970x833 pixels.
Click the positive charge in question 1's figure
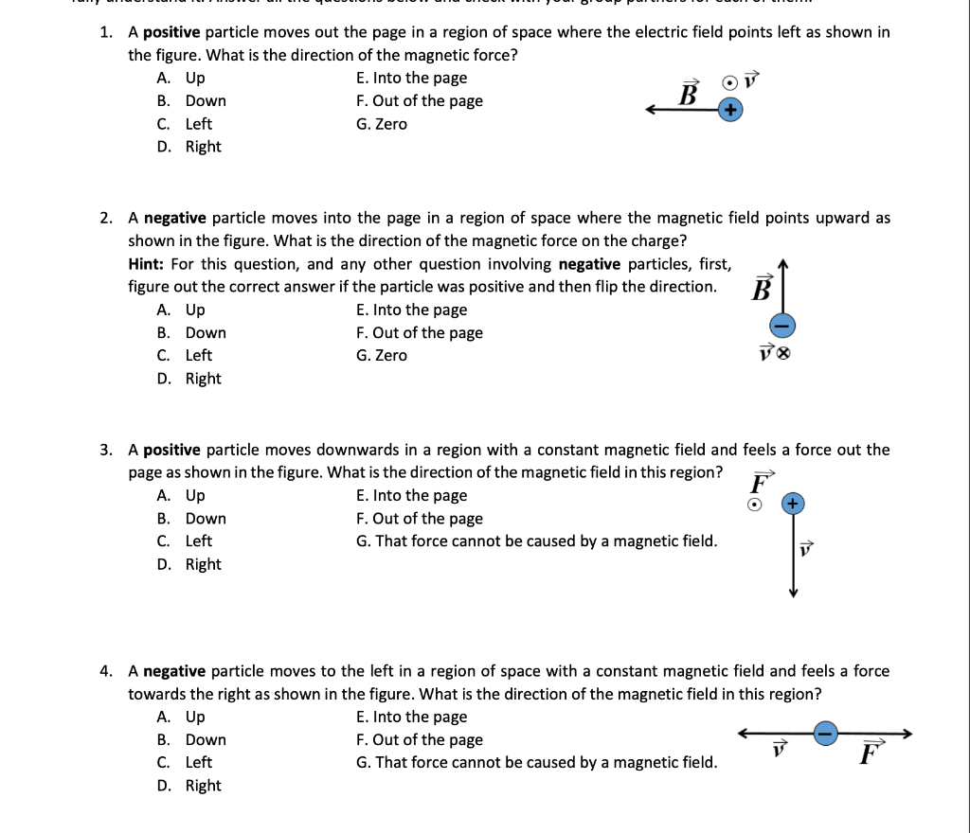729,111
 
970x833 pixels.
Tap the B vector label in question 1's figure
689,94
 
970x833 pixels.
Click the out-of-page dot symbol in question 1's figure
729,83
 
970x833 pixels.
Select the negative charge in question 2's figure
781,326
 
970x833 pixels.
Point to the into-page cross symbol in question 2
783,355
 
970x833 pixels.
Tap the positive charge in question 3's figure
794,504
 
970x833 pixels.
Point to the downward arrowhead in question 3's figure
794,593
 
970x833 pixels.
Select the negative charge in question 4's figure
826,734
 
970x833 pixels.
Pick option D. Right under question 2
189,379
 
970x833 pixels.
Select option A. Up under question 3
181,495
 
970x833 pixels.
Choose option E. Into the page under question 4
411,717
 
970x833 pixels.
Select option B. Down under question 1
191,101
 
